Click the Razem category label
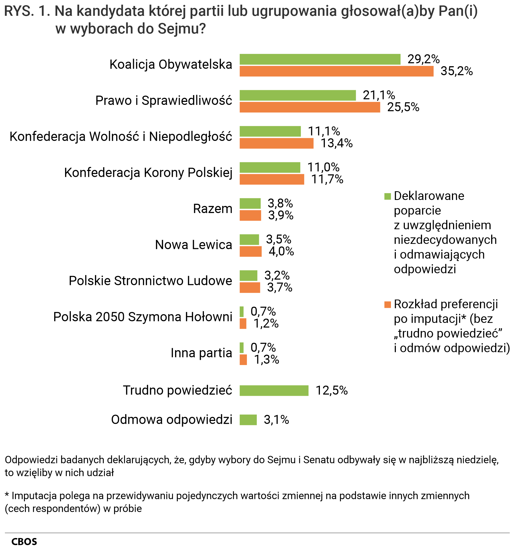point(212,209)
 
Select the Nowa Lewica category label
point(193,245)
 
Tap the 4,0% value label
point(281,251)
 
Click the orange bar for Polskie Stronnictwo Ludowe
point(249,287)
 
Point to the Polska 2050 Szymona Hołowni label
point(142,317)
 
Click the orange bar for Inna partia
point(243,360)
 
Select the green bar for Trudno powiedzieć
point(274,391)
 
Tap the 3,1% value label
point(276,420)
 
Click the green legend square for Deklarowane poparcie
point(387,196)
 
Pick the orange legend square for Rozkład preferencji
point(387,305)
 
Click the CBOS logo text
point(24,541)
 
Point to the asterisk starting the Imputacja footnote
point(7,496)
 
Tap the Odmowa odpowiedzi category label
point(171,420)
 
